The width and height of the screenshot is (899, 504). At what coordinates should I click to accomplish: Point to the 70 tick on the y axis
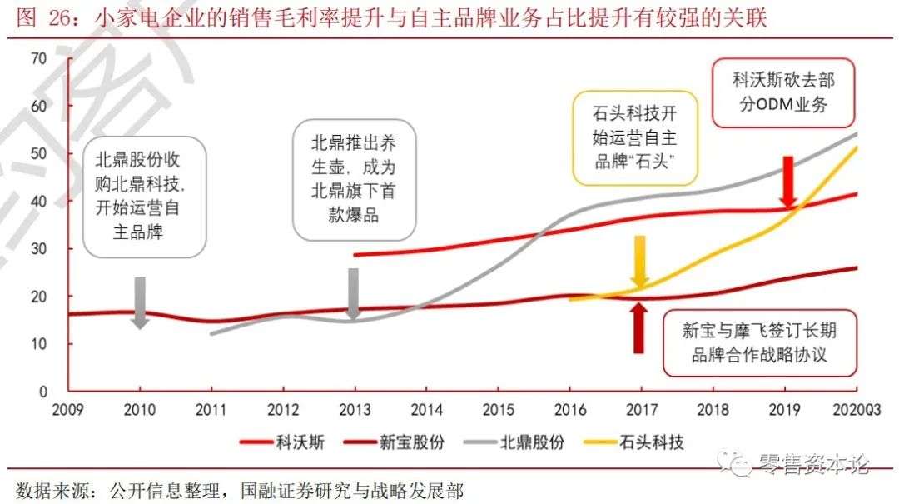(38, 58)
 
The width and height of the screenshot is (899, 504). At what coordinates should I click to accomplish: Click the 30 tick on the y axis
(38, 249)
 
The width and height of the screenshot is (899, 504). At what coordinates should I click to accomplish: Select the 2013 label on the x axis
(354, 409)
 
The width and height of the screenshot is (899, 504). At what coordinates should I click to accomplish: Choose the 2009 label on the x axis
(68, 409)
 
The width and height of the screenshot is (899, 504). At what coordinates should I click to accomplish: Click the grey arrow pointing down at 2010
(140, 302)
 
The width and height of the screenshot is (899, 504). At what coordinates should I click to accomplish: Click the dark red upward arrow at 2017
(639, 327)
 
